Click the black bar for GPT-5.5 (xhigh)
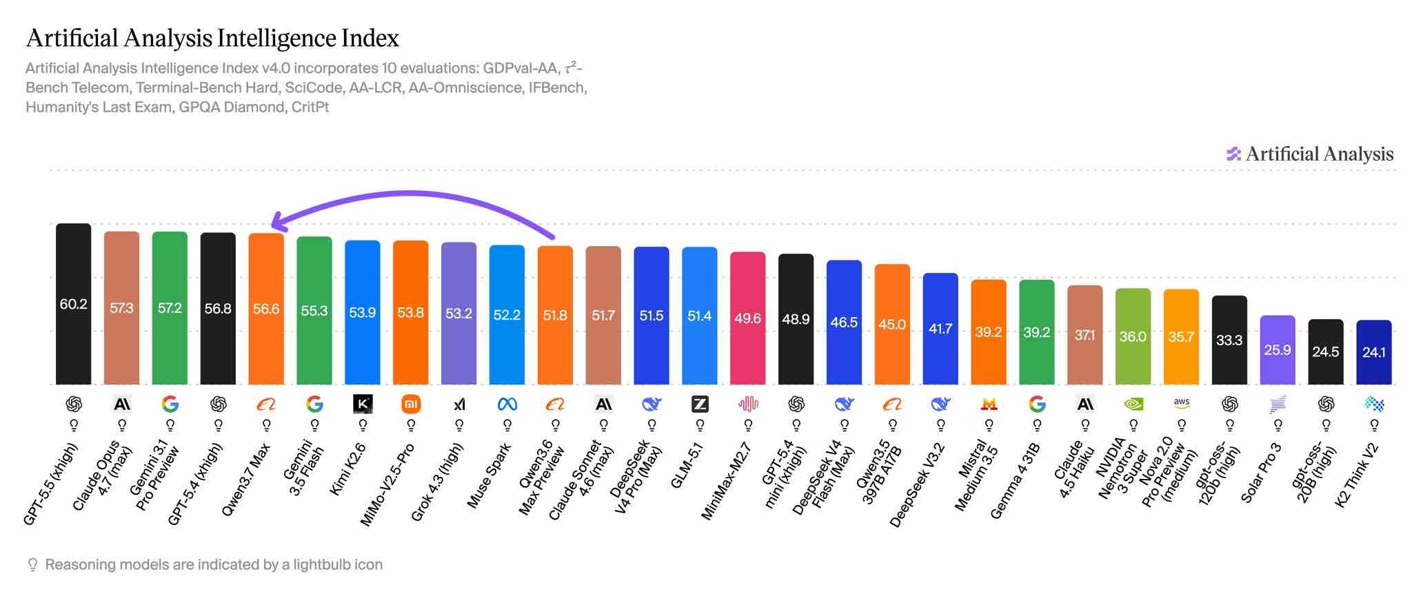(x=73, y=304)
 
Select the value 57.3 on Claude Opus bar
(x=121, y=308)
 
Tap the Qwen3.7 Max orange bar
(x=266, y=309)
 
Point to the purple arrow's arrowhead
(x=277, y=221)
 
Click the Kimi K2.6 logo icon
(x=363, y=404)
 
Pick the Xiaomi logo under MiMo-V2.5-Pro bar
(x=411, y=404)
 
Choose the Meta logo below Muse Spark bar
(x=507, y=404)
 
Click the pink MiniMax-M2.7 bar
(x=747, y=318)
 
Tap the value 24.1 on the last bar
(x=1373, y=352)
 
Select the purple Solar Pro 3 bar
(x=1278, y=350)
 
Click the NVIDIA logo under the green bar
(x=1133, y=404)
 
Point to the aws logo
(x=1181, y=404)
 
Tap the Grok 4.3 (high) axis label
(x=437, y=482)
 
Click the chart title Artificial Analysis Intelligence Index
(x=212, y=38)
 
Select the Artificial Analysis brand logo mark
(x=1233, y=154)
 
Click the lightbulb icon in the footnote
(x=32, y=565)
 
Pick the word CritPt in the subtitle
(x=310, y=107)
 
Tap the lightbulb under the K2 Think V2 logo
(x=1373, y=425)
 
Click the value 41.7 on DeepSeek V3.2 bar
(x=940, y=329)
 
